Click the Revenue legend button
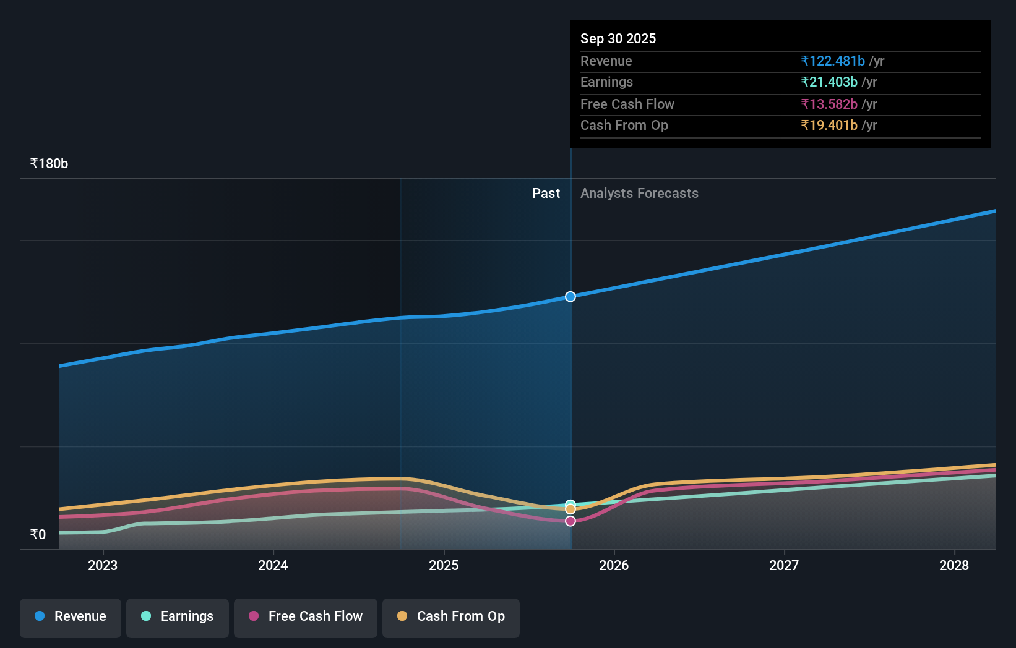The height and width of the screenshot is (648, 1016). click(x=71, y=616)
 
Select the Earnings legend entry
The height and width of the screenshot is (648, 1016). click(x=178, y=616)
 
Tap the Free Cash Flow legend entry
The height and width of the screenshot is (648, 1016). click(x=306, y=616)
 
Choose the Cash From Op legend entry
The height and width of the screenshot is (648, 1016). click(x=451, y=616)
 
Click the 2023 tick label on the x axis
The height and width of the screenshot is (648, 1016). click(x=103, y=565)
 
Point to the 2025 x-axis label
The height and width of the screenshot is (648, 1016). click(x=444, y=565)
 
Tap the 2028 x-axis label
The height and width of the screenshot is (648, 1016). click(x=954, y=565)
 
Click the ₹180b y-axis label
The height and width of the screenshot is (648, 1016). click(x=49, y=164)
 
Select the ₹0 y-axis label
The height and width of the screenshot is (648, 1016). click(x=38, y=534)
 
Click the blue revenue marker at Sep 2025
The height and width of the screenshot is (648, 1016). click(x=570, y=297)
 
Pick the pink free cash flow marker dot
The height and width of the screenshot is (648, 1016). click(x=570, y=521)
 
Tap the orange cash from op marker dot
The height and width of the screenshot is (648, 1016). click(x=570, y=509)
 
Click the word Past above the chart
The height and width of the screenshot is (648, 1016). click(x=546, y=194)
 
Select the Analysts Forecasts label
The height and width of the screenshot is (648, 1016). click(x=639, y=194)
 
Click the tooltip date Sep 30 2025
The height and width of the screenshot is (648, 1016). click(x=618, y=38)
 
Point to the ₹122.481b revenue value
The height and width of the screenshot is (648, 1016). click(x=832, y=61)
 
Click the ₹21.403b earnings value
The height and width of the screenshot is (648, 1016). click(x=829, y=82)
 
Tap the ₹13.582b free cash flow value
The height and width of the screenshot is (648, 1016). click(x=829, y=104)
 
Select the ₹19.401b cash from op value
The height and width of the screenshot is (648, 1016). click(x=829, y=126)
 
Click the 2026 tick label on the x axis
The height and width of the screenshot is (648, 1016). click(x=614, y=565)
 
